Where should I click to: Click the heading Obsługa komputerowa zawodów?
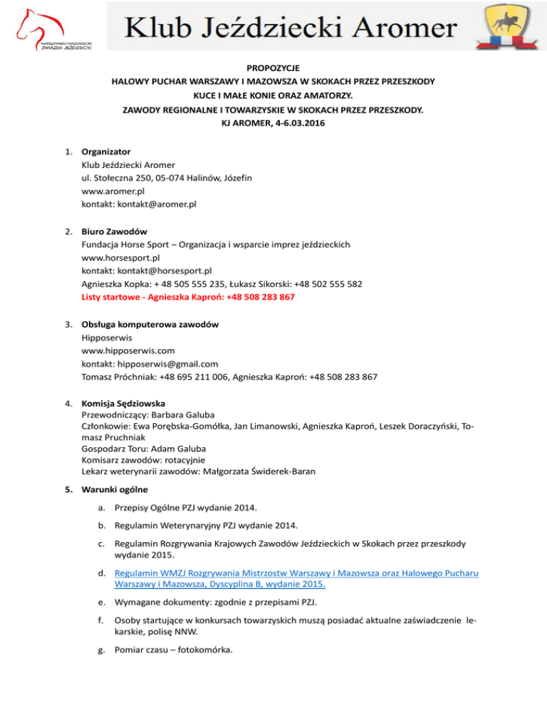150,324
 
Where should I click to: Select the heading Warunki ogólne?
116,489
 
